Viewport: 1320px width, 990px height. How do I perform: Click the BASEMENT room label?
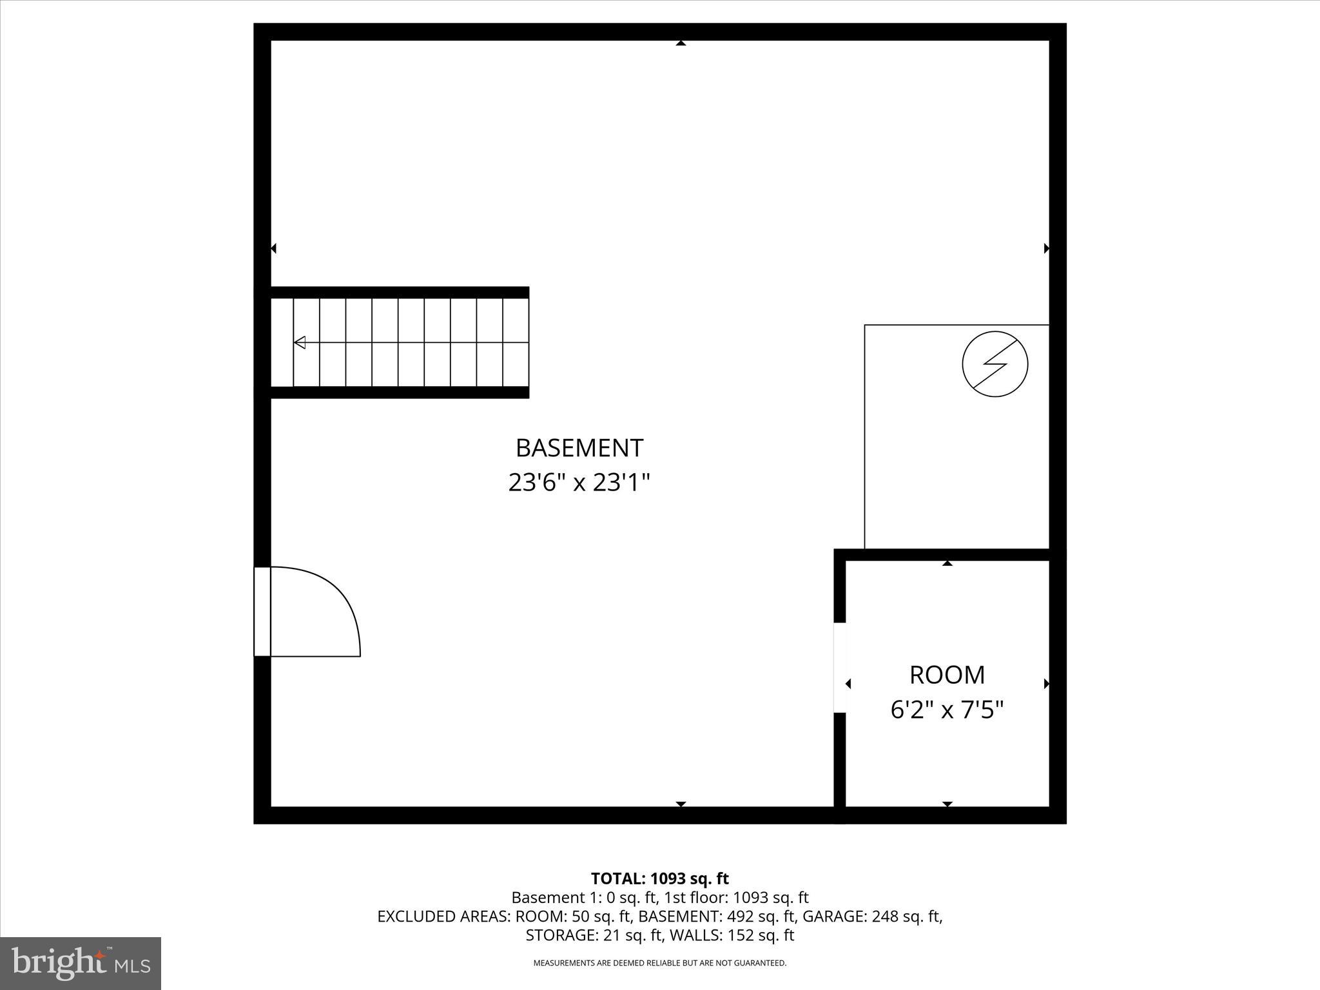[579, 448]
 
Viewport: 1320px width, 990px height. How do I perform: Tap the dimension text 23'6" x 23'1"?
[579, 483]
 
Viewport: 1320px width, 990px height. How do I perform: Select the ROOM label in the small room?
[947, 675]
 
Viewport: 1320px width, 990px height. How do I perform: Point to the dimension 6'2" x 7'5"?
[947, 710]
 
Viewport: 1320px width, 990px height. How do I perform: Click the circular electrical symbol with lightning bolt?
[995, 364]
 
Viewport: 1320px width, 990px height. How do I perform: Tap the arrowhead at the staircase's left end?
[300, 342]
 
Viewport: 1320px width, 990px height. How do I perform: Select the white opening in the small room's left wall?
[839, 667]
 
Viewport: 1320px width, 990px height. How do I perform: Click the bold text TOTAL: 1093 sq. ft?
[659, 878]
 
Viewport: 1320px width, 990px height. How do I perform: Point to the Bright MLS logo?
[81, 964]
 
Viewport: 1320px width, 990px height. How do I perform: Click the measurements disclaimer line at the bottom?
[659, 963]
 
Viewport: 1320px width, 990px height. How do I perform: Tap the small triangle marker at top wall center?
[681, 43]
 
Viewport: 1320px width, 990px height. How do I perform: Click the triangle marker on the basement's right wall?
[1046, 248]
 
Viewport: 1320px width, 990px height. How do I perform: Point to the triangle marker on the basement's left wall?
[274, 248]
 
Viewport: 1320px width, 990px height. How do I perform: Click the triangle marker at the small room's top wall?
[947, 563]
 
